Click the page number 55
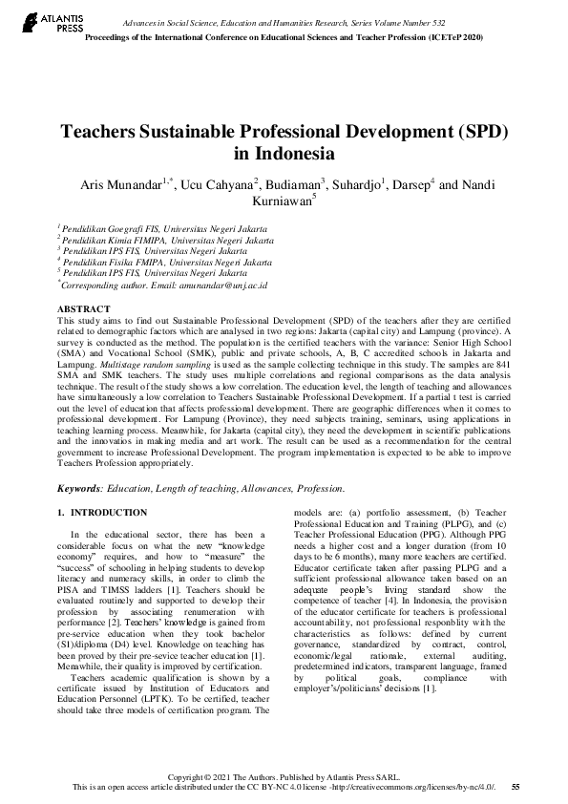(x=515, y=786)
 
